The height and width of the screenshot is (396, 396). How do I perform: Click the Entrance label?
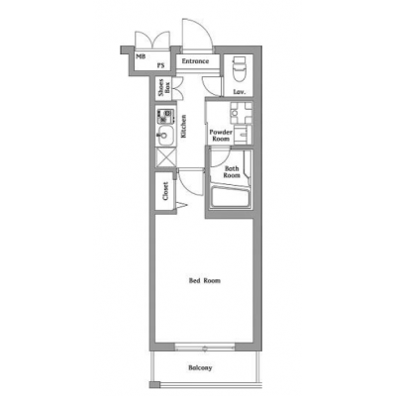195,61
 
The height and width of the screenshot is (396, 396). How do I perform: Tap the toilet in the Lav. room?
240,68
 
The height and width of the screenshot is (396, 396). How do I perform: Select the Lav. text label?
240,92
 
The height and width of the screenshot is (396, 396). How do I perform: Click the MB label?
141,56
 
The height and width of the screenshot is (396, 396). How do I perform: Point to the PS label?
160,65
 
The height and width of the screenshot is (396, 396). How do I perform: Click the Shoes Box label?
164,88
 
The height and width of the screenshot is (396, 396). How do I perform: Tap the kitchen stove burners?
165,116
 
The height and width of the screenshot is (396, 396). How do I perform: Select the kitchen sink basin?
165,136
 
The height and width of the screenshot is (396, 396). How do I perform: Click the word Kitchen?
183,126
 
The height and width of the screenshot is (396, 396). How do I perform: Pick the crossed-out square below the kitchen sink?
165,157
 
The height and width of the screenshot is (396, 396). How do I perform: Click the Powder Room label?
221,136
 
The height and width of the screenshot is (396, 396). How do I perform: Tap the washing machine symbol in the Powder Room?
242,113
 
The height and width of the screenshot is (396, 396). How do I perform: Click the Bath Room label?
232,172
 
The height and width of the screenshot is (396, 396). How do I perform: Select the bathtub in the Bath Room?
231,197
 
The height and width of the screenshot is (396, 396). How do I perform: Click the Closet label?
165,191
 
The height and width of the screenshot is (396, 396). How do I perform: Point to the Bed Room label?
205,281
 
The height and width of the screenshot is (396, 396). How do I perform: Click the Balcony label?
200,367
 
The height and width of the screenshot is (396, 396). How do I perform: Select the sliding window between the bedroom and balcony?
205,347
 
